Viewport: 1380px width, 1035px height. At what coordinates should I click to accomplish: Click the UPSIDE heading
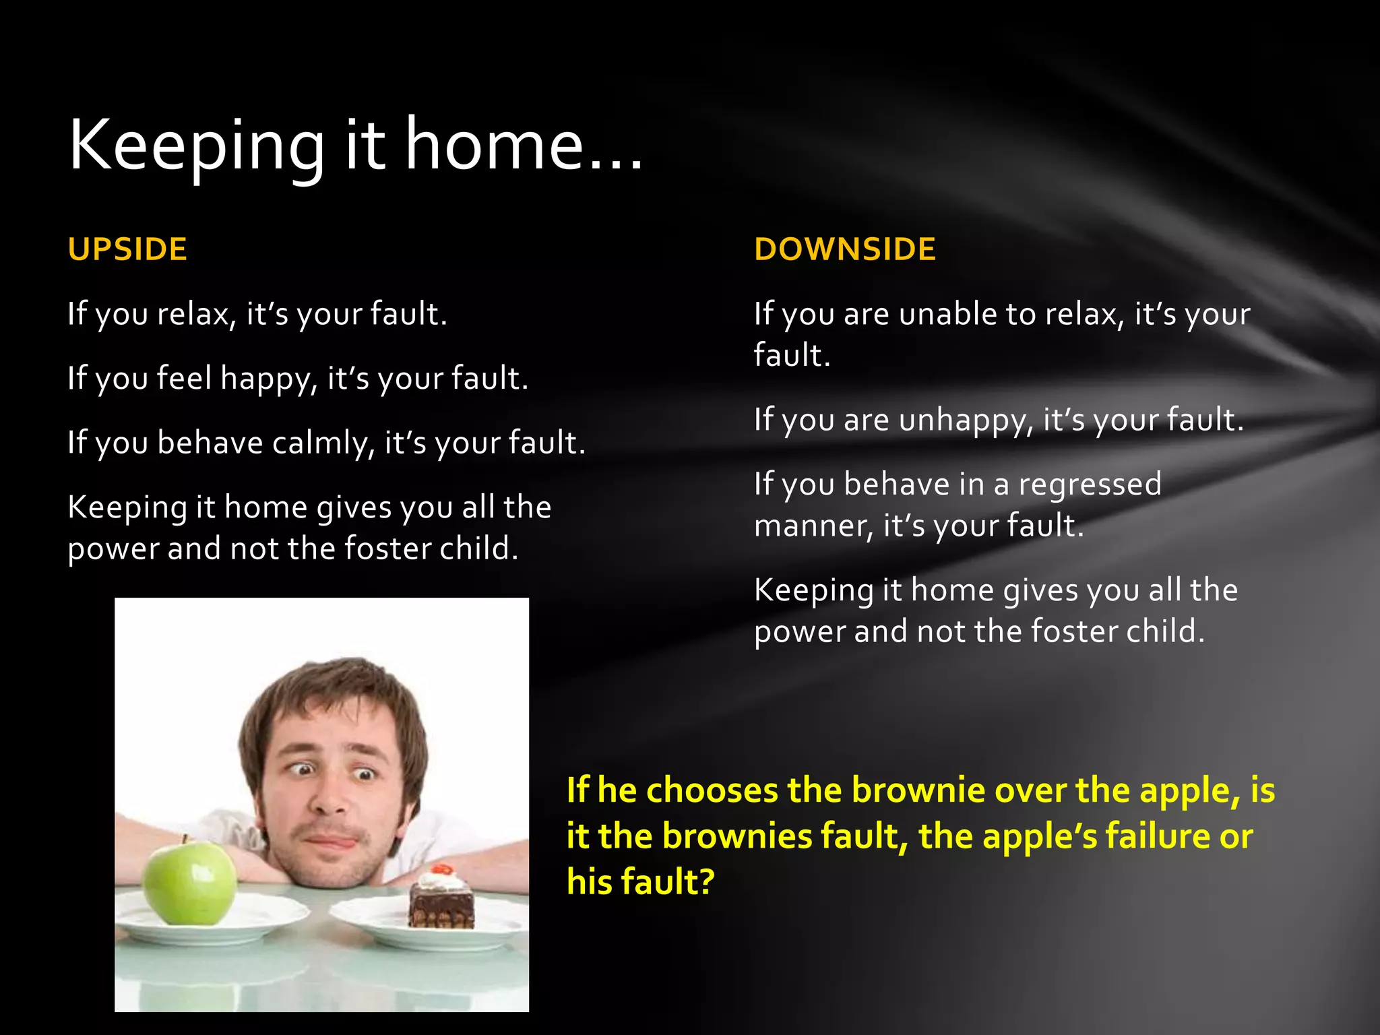127,249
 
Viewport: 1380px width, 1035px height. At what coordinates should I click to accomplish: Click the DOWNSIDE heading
845,249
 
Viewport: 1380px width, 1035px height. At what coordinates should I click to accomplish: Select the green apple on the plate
189,883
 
